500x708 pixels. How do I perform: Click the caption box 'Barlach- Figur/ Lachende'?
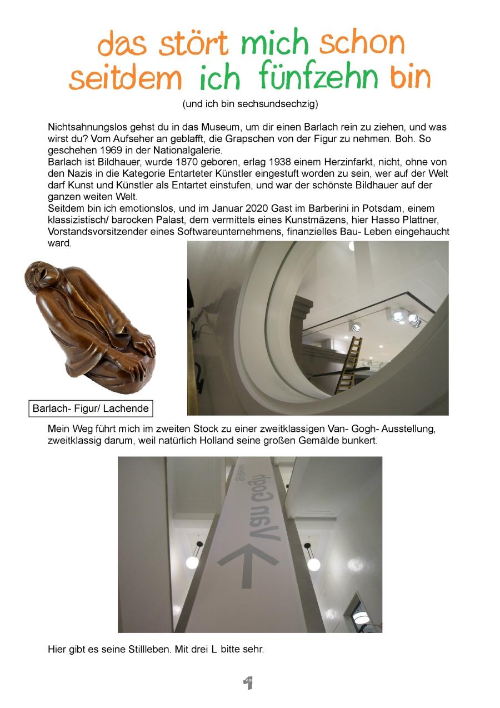91,408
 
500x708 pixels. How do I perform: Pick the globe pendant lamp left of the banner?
192,562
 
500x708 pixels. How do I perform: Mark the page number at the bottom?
248,683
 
